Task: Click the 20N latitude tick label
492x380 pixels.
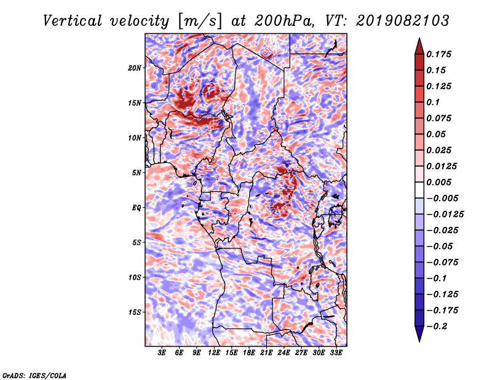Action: coord(135,68)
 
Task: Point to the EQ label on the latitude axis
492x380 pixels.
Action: coord(136,208)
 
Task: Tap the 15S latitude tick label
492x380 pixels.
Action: coord(135,312)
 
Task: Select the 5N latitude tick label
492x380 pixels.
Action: coord(137,173)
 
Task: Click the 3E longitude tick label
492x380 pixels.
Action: coord(162,353)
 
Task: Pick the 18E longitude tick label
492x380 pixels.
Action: coord(249,353)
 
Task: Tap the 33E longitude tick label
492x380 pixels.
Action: coord(336,353)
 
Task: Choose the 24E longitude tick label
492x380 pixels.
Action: coord(284,353)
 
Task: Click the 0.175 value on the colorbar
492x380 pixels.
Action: coord(438,54)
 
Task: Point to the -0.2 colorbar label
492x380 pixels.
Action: coord(437,327)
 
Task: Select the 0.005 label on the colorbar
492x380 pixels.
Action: coord(438,182)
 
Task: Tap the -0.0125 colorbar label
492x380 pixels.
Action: coord(445,215)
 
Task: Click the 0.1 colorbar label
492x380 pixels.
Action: coord(433,102)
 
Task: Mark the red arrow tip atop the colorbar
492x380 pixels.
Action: coord(419,38)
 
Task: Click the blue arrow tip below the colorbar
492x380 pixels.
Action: coord(419,341)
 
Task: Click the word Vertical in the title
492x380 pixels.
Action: coord(73,21)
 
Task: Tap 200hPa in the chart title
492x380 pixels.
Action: coord(284,21)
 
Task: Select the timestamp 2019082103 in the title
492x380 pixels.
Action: coord(403,21)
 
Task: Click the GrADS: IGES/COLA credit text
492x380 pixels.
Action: coord(34,376)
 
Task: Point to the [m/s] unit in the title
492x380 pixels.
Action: coord(200,22)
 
